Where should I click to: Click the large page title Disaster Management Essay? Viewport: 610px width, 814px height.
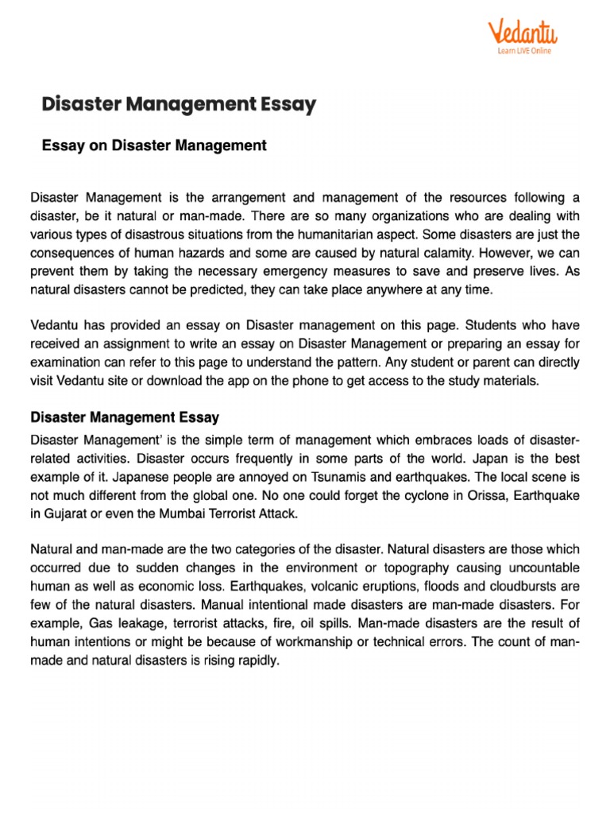[179, 104]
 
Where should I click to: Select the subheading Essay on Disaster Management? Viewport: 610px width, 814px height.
[154, 145]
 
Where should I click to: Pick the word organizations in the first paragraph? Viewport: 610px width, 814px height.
[380, 215]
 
